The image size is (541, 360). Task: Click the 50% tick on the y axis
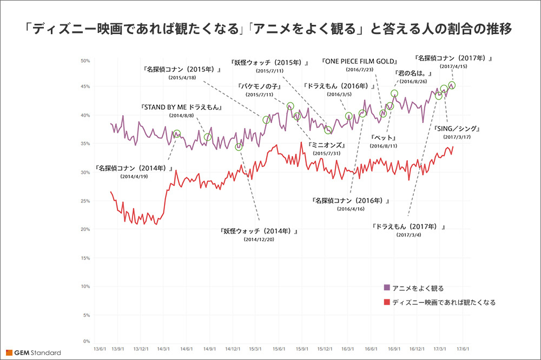[85, 61]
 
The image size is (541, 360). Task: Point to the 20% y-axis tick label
[85, 229]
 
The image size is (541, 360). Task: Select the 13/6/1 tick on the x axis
[101, 349]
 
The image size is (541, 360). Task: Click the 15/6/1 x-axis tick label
[279, 349]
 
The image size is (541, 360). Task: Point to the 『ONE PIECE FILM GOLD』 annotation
[359, 62]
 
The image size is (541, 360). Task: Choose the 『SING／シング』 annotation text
[457, 129]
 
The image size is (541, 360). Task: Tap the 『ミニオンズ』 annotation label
[327, 145]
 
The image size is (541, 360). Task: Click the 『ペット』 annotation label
[384, 138]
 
